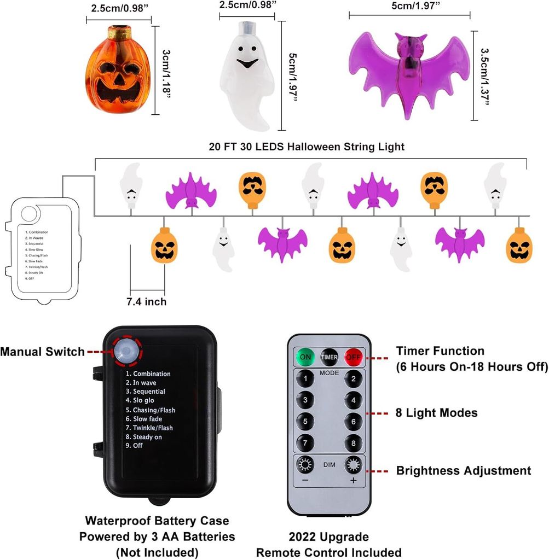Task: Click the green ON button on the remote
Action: pyautogui.click(x=305, y=357)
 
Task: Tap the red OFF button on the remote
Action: pyautogui.click(x=354, y=357)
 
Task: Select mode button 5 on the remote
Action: pyautogui.click(x=305, y=422)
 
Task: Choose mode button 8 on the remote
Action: pyautogui.click(x=354, y=442)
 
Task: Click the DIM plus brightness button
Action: pyautogui.click(x=354, y=465)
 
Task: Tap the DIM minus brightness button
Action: pyautogui.click(x=305, y=465)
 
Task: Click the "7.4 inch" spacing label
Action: pyautogui.click(x=146, y=302)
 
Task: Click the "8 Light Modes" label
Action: pyautogui.click(x=436, y=413)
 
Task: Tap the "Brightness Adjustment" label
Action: pyautogui.click(x=463, y=471)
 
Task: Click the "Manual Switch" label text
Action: pyautogui.click(x=42, y=352)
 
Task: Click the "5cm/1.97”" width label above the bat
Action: pyautogui.click(x=409, y=6)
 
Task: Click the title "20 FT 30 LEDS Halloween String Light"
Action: pyautogui.click(x=306, y=147)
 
